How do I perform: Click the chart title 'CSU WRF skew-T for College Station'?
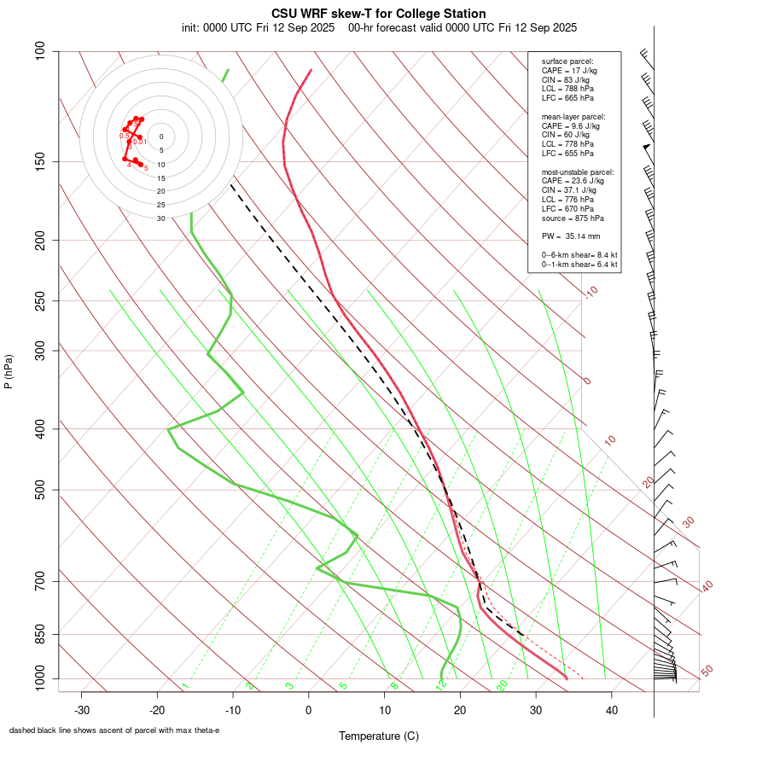(379, 14)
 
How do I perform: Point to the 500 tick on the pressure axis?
(40, 490)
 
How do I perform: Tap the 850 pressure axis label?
(40, 634)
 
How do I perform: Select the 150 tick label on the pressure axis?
(40, 161)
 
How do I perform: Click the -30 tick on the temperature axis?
(82, 710)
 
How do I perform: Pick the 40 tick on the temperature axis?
(611, 710)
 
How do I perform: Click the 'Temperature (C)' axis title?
(378, 736)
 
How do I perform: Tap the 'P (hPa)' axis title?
(9, 371)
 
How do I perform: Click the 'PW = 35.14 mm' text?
(571, 235)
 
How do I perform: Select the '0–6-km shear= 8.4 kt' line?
(579, 255)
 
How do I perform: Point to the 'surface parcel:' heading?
(567, 61)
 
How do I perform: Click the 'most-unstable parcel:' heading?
(578, 172)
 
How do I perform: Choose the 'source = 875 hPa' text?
(573, 218)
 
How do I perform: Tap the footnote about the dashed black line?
(114, 730)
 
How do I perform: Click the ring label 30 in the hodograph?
(161, 218)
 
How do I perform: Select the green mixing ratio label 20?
(503, 684)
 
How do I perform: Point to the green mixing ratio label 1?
(184, 685)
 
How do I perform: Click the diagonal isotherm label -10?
(591, 293)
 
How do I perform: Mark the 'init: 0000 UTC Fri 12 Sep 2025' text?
(258, 27)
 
